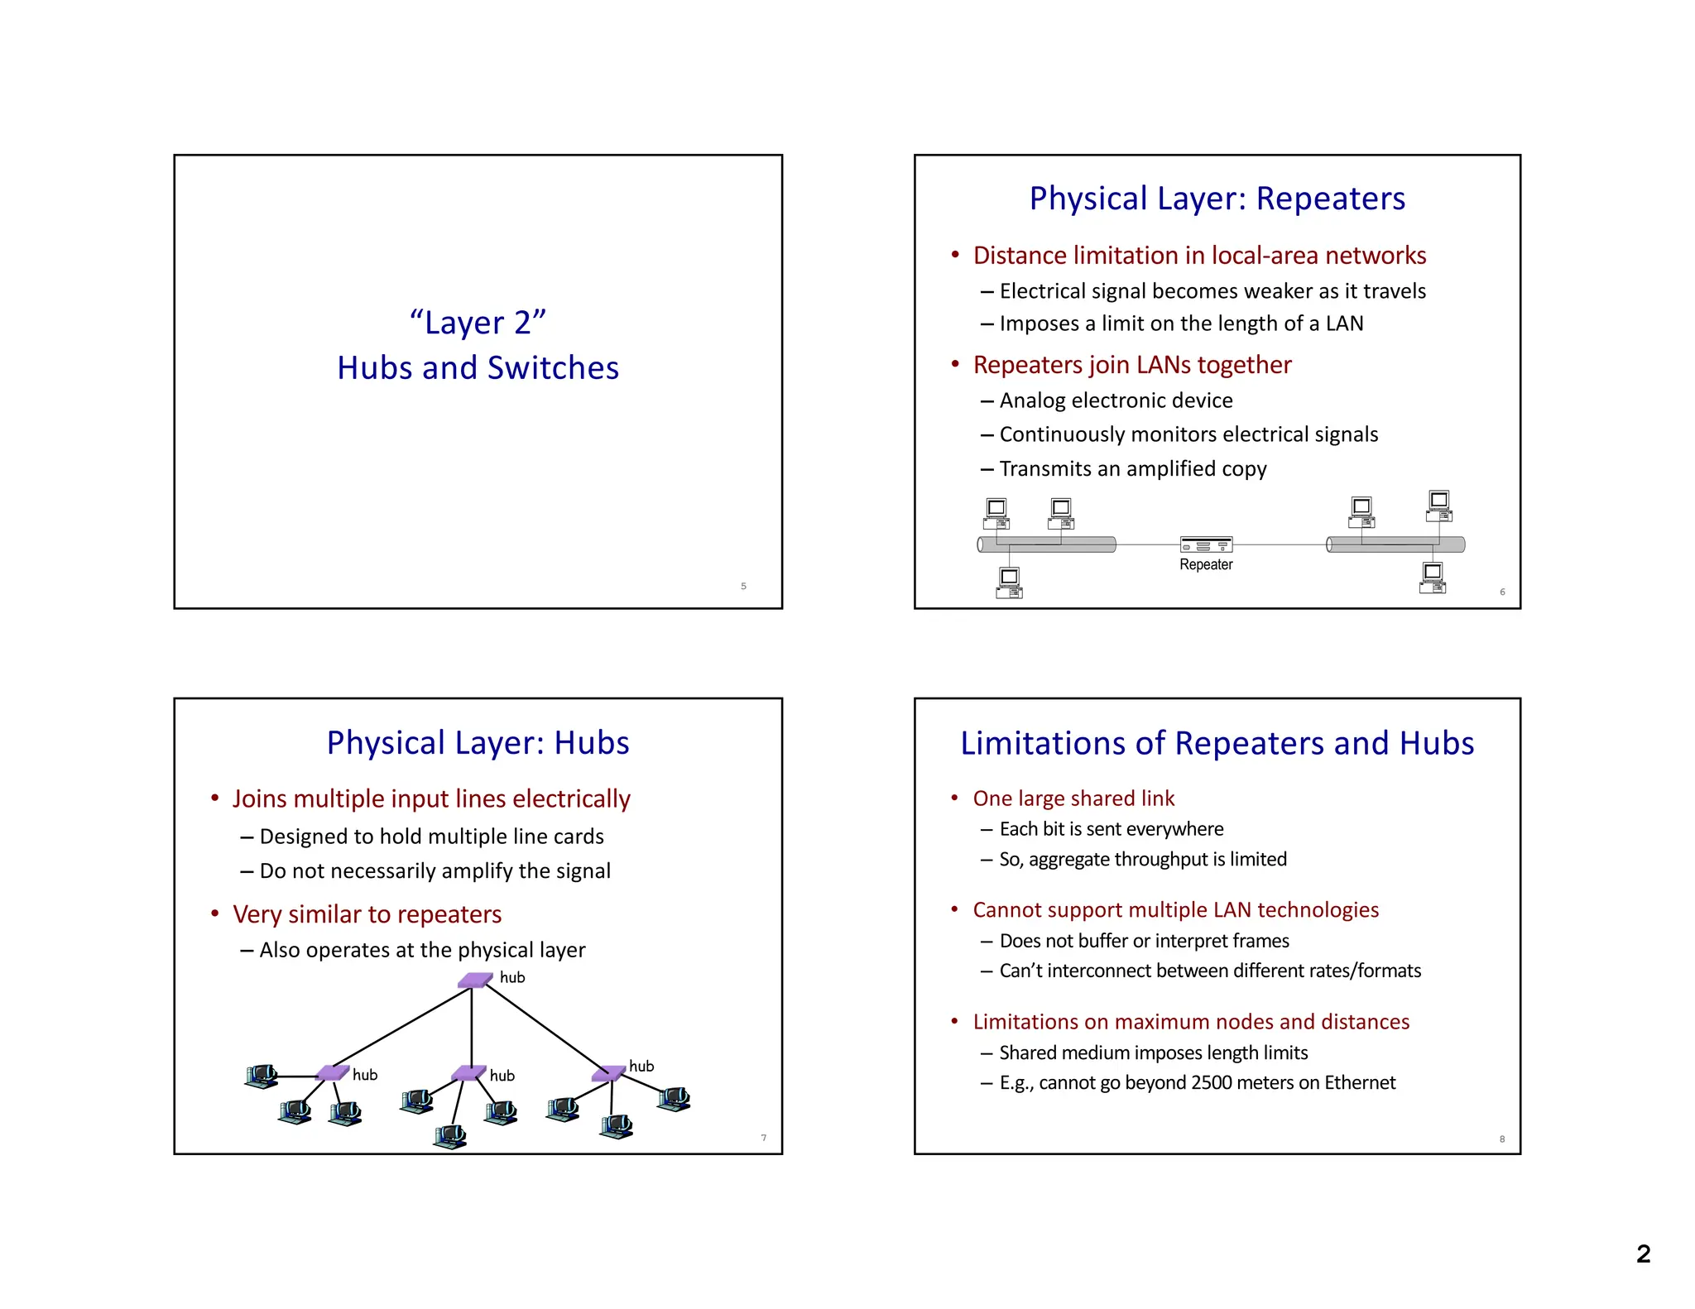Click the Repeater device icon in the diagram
1206,544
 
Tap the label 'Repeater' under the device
1206,564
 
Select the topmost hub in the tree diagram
475,981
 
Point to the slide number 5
743,587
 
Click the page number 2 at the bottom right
1643,1254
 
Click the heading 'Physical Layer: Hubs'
478,743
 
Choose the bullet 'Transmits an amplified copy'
1132,469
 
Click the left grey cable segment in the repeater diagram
1047,544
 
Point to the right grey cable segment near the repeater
1395,544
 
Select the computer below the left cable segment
1009,583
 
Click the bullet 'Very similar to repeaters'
367,914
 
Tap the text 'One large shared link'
1073,798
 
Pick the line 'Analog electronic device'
1116,401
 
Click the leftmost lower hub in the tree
333,1073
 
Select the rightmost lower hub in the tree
608,1073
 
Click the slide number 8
1502,1139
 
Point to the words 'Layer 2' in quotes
478,323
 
